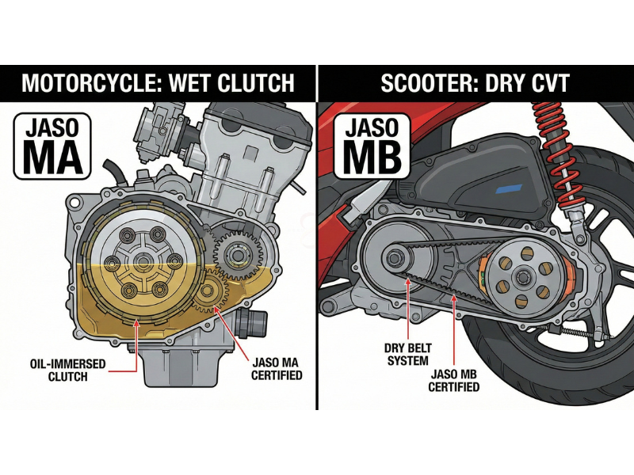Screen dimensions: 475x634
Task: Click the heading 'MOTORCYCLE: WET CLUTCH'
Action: [x=158, y=83]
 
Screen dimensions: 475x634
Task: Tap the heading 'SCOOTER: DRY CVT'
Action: [x=475, y=83]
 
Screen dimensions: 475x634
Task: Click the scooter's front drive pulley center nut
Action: [x=394, y=258]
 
